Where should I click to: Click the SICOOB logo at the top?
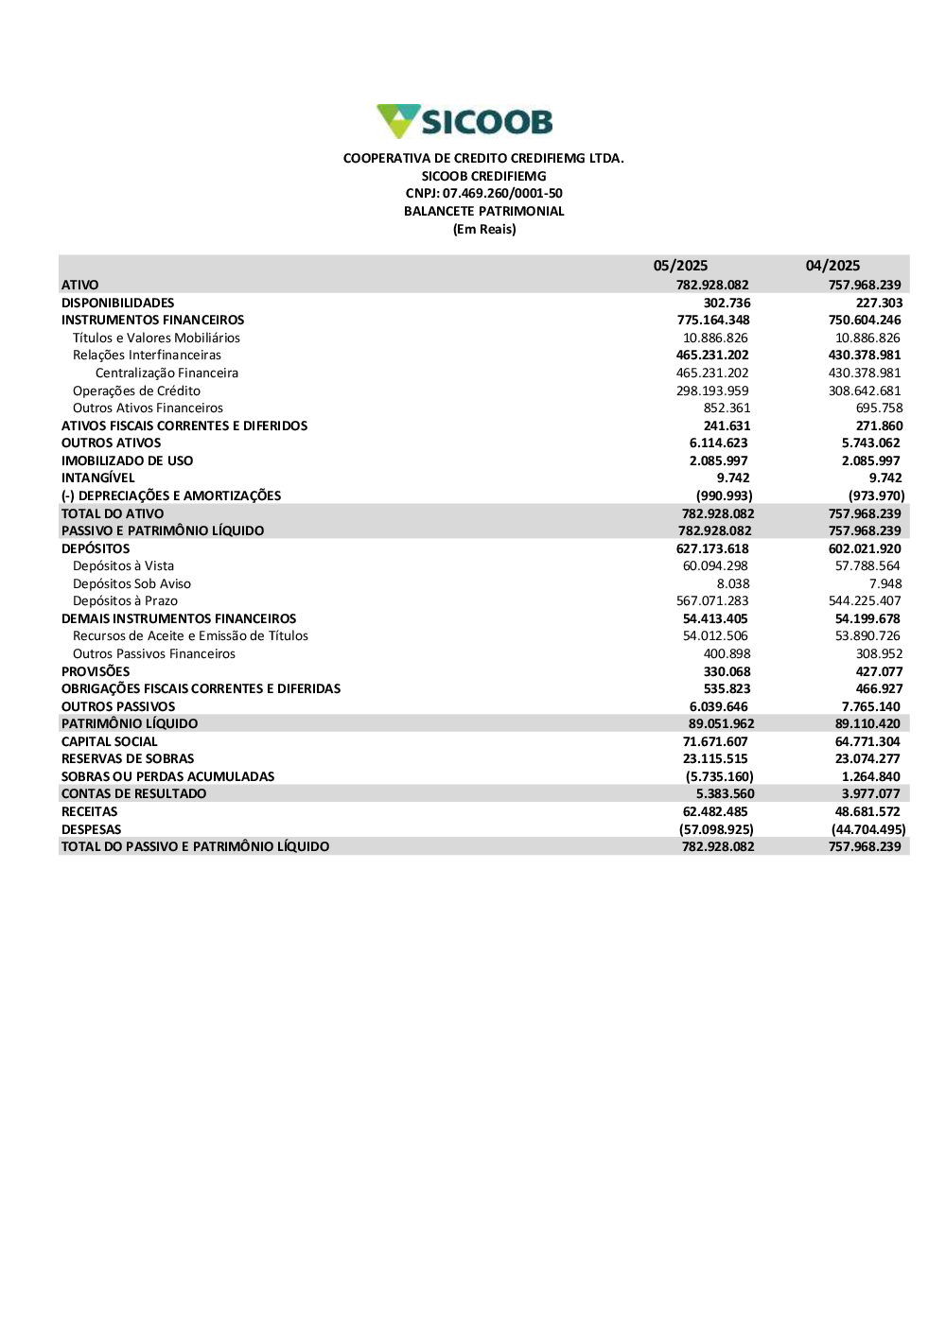point(464,122)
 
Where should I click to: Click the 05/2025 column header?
point(680,266)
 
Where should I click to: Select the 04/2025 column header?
point(832,266)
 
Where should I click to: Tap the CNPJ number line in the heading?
point(483,194)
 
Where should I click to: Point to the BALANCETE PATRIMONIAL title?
point(483,212)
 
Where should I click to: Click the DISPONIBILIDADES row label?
point(118,303)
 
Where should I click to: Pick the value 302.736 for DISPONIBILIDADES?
point(727,303)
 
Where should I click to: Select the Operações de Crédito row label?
point(136,391)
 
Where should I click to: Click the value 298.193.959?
point(712,391)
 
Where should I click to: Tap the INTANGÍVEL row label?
point(98,478)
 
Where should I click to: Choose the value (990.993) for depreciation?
point(724,495)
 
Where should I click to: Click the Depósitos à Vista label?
point(123,565)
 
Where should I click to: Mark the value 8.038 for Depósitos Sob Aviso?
point(733,583)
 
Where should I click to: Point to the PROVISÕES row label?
point(96,671)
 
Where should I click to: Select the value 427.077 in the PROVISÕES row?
point(879,671)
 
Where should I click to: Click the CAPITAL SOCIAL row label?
point(110,741)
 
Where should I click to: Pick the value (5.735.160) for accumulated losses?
point(720,776)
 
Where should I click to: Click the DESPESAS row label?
point(92,829)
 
